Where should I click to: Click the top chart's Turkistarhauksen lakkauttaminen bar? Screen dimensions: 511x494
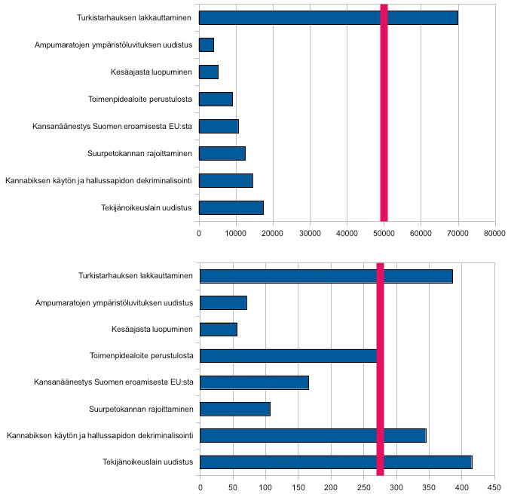point(329,17)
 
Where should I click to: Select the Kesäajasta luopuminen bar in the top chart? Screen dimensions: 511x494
point(209,72)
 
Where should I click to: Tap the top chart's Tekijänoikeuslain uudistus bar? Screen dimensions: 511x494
point(231,207)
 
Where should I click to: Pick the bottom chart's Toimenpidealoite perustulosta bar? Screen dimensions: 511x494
point(289,356)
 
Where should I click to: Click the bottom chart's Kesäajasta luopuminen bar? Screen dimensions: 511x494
point(219,330)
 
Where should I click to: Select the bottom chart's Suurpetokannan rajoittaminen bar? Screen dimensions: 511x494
point(235,409)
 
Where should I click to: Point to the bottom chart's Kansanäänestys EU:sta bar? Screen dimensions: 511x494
point(255,382)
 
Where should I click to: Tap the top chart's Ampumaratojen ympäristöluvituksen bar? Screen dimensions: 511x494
point(207,44)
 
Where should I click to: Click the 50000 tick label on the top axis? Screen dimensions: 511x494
point(384,233)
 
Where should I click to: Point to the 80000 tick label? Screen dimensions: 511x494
point(494,233)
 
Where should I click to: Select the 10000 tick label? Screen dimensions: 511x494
point(236,233)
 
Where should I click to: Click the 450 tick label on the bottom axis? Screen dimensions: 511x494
point(494,487)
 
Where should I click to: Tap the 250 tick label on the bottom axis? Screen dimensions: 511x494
point(364,487)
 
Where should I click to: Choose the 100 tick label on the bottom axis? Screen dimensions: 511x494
point(265,487)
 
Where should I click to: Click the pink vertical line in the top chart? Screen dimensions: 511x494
point(384,113)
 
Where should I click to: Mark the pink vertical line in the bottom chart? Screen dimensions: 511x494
point(381,369)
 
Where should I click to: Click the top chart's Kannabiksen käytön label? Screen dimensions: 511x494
point(99,181)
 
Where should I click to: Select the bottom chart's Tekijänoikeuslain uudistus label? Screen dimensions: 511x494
point(148,462)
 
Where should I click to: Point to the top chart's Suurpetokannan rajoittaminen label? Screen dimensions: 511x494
point(139,153)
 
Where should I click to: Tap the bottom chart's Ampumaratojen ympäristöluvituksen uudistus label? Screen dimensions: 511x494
point(115,303)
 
